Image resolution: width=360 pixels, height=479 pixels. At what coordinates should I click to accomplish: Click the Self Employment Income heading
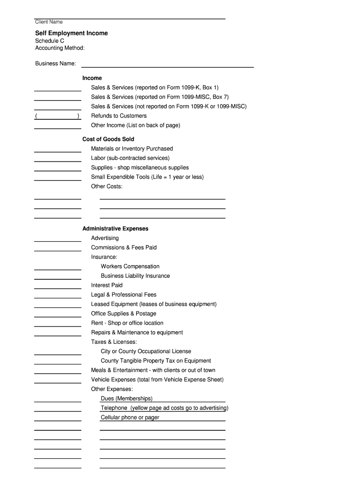72,33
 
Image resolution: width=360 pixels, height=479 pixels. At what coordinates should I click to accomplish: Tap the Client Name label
49,22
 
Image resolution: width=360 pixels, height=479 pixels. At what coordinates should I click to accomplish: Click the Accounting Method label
60,48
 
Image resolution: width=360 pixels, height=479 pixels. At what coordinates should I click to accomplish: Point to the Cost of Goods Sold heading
108,139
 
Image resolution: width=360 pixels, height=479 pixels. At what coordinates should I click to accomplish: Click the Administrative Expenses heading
115,229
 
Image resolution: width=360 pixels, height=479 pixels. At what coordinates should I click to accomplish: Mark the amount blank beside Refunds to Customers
58,116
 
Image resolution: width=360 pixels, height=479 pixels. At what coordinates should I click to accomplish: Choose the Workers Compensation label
130,267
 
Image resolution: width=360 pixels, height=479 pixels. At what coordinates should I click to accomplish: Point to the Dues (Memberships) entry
127,399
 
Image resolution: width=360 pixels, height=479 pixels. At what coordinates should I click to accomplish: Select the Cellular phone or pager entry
130,417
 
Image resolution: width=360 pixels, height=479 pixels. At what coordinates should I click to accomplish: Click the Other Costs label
107,187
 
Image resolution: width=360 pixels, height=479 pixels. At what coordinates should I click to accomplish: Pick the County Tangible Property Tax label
156,361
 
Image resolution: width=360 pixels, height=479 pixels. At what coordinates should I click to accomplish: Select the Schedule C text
50,41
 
